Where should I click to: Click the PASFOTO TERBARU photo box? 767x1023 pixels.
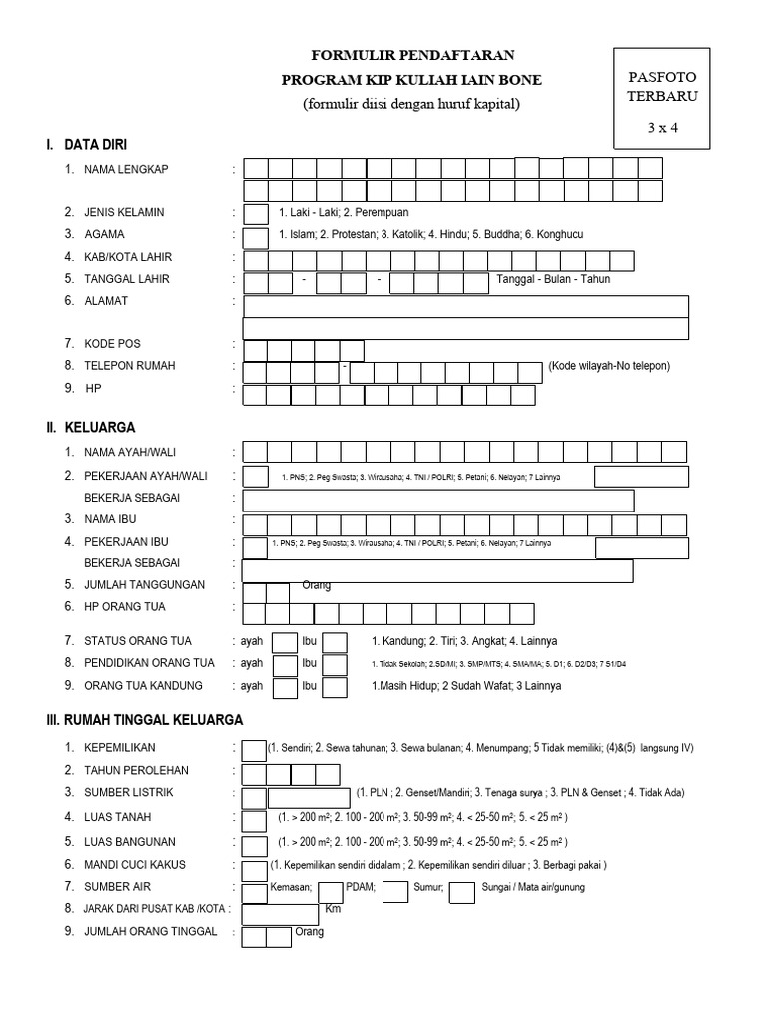(x=662, y=96)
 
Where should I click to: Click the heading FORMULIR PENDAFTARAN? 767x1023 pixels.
(x=413, y=55)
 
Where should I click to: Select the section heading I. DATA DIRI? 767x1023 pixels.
(x=86, y=145)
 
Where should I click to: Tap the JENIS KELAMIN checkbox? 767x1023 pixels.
(x=256, y=213)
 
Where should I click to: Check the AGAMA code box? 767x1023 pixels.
(x=256, y=236)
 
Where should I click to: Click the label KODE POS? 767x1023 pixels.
(x=114, y=344)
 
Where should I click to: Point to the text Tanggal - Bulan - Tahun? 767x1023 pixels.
(x=553, y=279)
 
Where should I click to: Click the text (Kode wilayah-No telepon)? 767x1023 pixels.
(x=607, y=366)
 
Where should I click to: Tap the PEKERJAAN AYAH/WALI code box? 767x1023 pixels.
(x=256, y=477)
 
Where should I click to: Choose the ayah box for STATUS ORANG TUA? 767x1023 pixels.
(x=285, y=642)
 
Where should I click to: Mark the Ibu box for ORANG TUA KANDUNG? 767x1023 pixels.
(x=335, y=687)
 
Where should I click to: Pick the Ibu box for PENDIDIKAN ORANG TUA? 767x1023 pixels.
(x=335, y=664)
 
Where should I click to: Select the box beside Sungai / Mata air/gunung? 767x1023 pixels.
(x=461, y=891)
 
